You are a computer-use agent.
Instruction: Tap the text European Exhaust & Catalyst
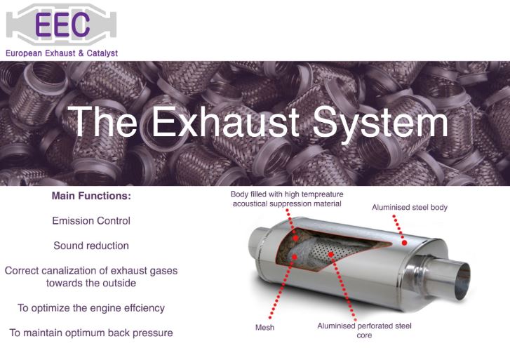tap(62, 53)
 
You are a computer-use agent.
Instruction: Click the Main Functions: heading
tap(91, 196)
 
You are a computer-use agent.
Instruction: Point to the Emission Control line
tap(91, 220)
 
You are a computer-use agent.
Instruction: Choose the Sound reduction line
tap(91, 246)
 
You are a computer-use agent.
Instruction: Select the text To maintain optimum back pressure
tap(91, 332)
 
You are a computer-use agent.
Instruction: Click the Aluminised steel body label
tap(409, 208)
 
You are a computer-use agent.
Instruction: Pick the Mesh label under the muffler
tap(264, 328)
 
